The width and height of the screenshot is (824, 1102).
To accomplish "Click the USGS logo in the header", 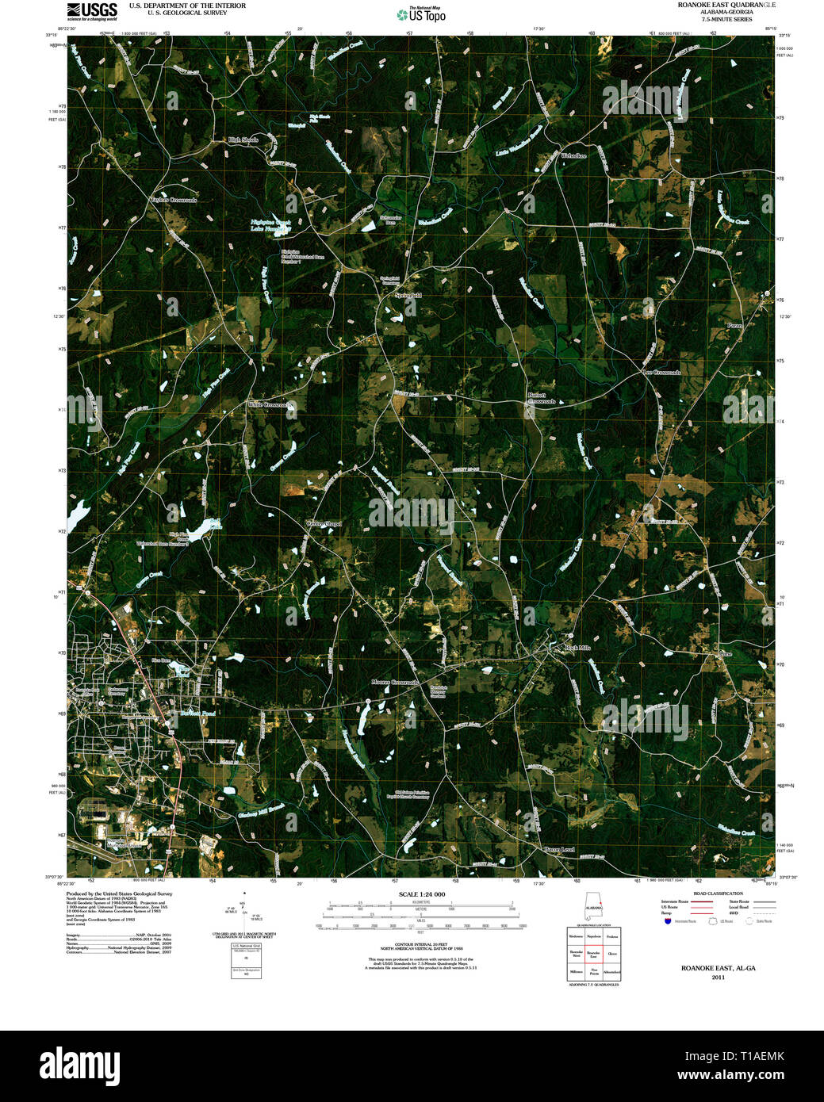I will click(x=92, y=10).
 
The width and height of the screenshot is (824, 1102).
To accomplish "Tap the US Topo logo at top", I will click(x=421, y=14).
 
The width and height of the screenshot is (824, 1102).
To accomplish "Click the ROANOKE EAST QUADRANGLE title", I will click(x=726, y=5).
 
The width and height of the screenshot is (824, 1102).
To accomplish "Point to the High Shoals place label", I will click(x=243, y=140).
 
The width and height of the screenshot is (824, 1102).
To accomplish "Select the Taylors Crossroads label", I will click(x=174, y=200).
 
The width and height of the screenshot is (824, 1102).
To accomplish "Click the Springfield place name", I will click(x=408, y=295).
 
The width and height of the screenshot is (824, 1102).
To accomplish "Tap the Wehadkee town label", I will click(x=573, y=155).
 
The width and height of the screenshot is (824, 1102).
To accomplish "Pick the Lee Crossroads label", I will click(x=661, y=372).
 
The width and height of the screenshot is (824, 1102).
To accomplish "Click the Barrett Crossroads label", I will click(x=542, y=398).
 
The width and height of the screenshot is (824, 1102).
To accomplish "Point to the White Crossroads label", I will click(x=270, y=404).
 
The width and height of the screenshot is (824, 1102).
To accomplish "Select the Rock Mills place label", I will click(x=577, y=649).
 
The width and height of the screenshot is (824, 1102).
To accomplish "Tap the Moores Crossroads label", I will click(x=394, y=682).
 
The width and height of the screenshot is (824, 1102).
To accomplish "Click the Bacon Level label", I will click(x=558, y=849).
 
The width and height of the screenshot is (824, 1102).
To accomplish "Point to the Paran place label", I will click(x=734, y=326).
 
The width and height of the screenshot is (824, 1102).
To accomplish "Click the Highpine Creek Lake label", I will click(x=271, y=225).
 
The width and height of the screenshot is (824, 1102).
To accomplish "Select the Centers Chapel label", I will click(x=324, y=523).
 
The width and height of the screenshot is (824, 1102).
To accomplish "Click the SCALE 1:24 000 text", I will click(x=421, y=894).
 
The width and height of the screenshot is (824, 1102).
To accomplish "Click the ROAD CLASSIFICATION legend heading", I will click(x=717, y=893).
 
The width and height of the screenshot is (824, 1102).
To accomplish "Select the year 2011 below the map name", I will click(x=718, y=977).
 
